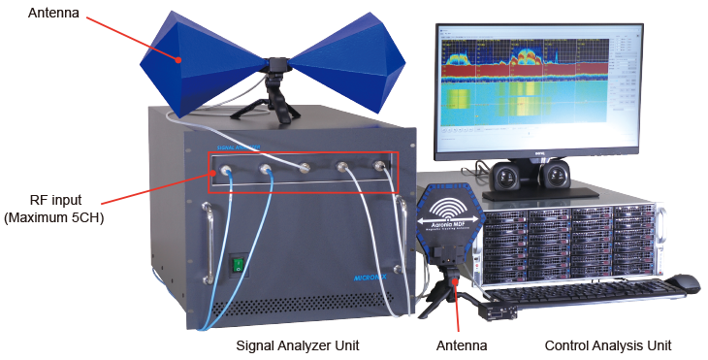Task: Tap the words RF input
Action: [53, 201]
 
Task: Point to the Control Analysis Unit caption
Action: [608, 344]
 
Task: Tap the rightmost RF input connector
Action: [381, 167]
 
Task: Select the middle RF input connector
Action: [304, 169]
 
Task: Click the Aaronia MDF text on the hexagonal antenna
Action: [449, 225]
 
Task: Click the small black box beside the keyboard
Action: [500, 311]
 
